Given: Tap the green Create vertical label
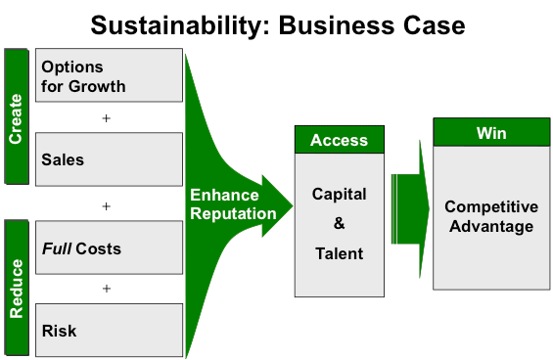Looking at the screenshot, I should point(17,115).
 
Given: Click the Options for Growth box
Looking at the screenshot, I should point(109,75).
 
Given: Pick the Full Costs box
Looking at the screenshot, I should point(109,248).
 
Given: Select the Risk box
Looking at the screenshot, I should point(109,330).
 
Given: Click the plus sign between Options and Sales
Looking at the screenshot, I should point(107,117).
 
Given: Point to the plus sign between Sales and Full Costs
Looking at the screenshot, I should point(107,205).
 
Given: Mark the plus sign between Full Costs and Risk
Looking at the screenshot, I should point(107,289).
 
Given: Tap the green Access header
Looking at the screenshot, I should point(339,140).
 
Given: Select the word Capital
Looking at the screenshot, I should point(339,193).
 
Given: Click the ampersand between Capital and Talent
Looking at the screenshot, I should point(339,223).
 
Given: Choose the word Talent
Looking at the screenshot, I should point(339,253).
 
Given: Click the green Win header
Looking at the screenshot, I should point(490,133).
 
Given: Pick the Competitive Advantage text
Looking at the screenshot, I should point(490,216).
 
